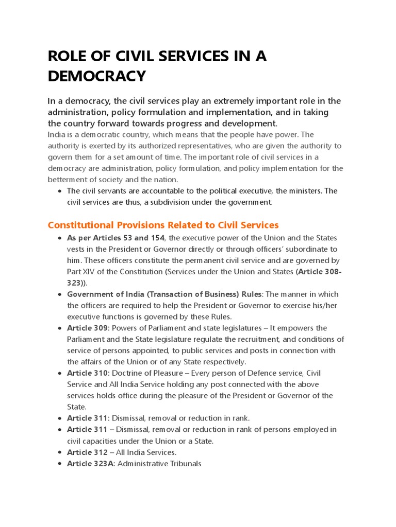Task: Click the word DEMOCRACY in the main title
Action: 97,76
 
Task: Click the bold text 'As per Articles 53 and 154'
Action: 115,238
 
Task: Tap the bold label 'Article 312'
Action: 87,452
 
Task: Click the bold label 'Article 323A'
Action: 91,464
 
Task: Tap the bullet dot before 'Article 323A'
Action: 60,464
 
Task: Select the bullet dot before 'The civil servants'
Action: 60,191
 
